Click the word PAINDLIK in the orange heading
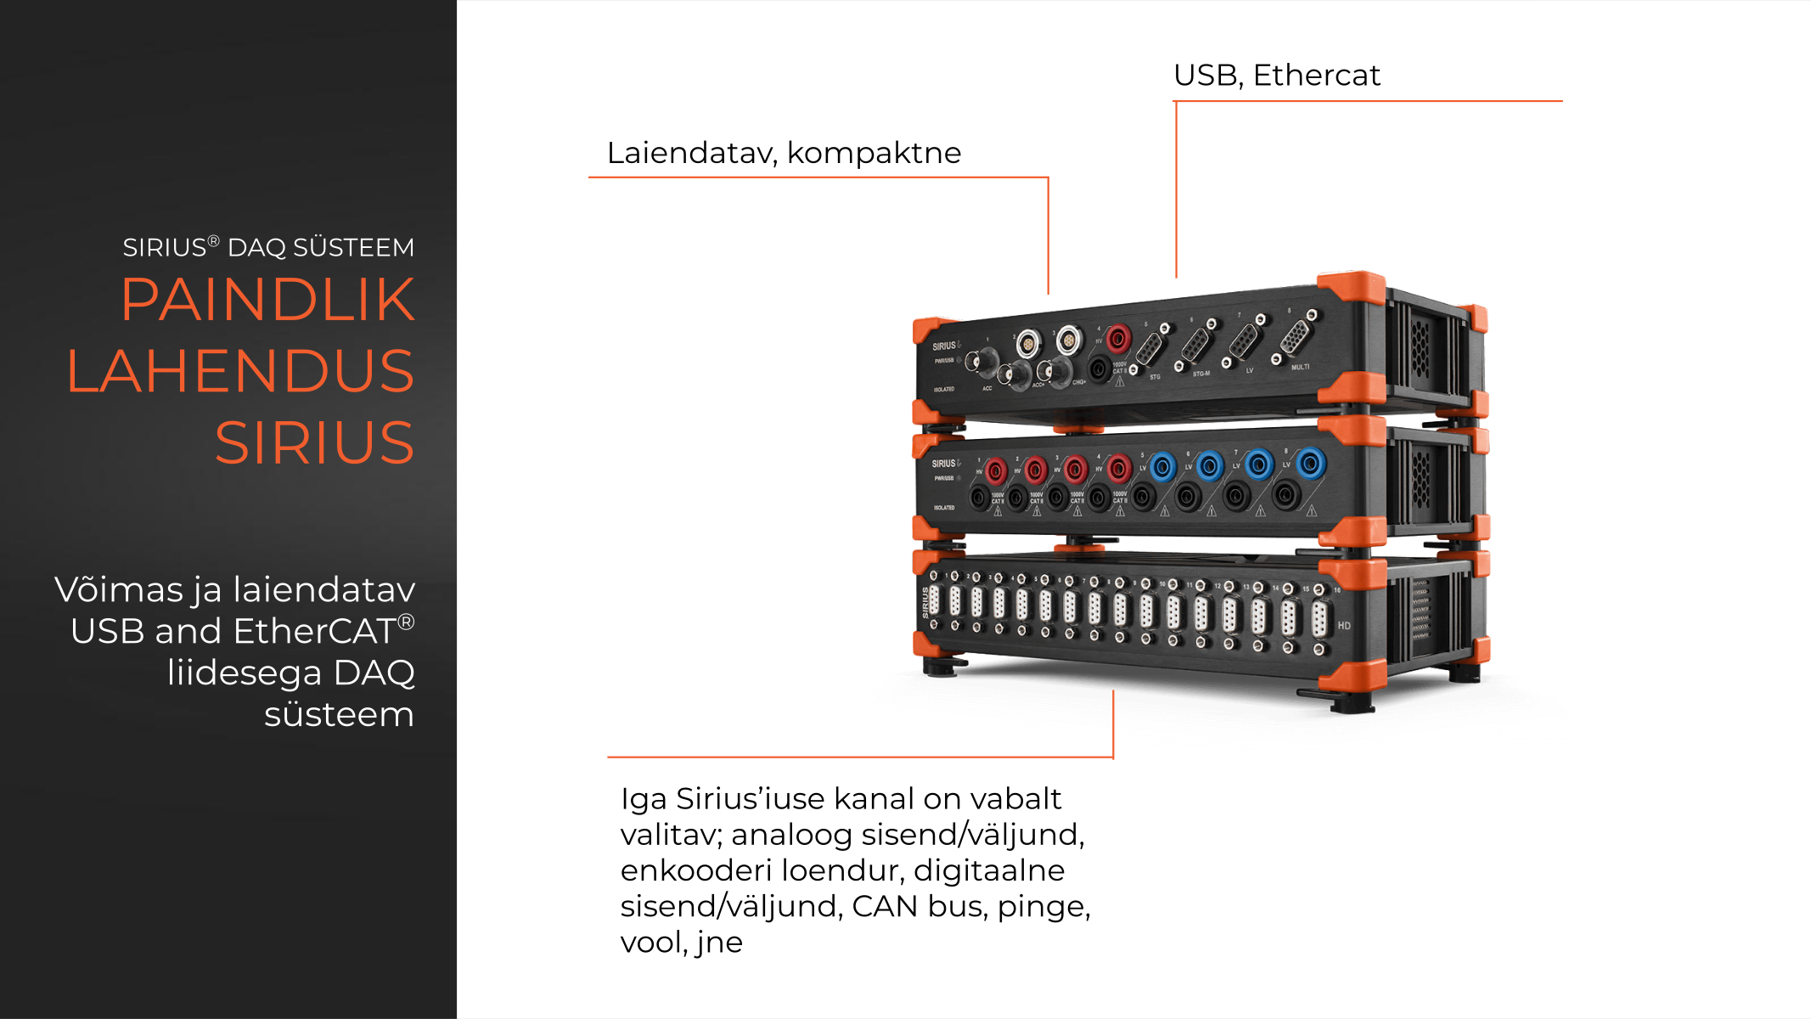pyautogui.click(x=267, y=300)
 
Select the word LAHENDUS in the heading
pyautogui.click(x=240, y=371)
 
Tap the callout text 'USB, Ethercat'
pyautogui.click(x=1276, y=76)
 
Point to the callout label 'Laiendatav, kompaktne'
pyautogui.click(x=784, y=153)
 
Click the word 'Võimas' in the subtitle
pyautogui.click(x=119, y=589)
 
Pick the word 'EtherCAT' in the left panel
pyautogui.click(x=314, y=632)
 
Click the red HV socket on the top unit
pyautogui.click(x=1118, y=339)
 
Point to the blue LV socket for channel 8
pyautogui.click(x=1310, y=464)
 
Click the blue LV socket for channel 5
pyautogui.click(x=1162, y=466)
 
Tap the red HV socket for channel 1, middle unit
pyautogui.click(x=996, y=470)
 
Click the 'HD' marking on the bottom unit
pyautogui.click(x=1344, y=626)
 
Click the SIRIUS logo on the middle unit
pyautogui.click(x=944, y=464)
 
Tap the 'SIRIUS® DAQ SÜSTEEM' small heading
pyautogui.click(x=268, y=248)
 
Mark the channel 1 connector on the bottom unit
pyautogui.click(x=934, y=600)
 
